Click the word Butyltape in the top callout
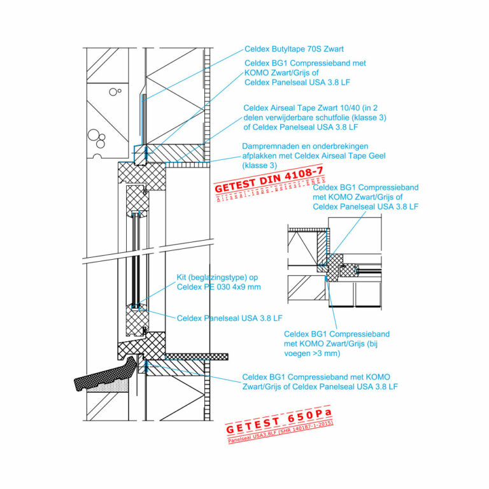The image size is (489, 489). point(290,48)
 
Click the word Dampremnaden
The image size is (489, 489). point(269,146)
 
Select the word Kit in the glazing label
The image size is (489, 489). point(183,278)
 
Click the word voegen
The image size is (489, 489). point(299,353)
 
